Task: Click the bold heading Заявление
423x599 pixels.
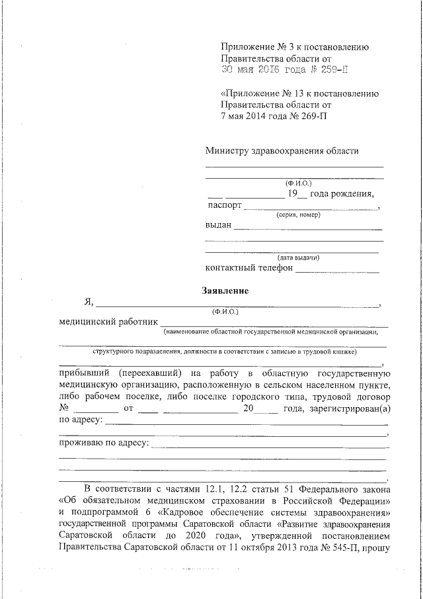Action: click(225, 290)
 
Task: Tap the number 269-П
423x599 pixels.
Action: click(310, 116)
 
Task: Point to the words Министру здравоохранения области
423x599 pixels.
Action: click(282, 150)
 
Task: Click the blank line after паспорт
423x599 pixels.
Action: click(311, 208)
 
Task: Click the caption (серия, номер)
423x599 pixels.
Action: click(297, 216)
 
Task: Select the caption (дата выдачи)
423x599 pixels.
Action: click(298, 257)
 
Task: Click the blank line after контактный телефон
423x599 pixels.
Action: click(337, 271)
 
